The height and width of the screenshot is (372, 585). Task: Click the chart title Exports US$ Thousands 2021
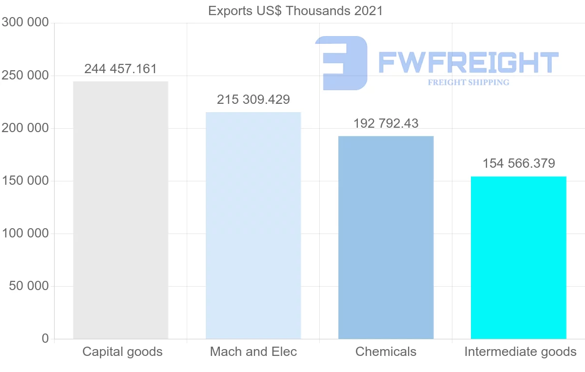coord(295,11)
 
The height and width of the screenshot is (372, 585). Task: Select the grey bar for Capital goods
coord(120,210)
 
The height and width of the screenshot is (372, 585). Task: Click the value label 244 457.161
coord(120,69)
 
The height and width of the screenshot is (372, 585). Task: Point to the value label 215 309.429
coord(253,99)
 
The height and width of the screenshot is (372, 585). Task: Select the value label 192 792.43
coord(386,123)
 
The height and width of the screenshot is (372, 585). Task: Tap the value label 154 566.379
coord(519,163)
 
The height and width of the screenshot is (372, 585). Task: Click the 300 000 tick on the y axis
coord(25,22)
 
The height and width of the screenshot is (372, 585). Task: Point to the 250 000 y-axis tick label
coord(25,76)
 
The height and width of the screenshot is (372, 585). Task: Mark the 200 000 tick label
coord(25,128)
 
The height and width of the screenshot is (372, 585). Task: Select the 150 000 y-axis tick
coord(25,181)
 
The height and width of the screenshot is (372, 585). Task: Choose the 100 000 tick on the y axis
coord(25,234)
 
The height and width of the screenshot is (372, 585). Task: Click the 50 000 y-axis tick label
coord(29,286)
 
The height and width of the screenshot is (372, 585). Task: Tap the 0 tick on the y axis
coord(45,338)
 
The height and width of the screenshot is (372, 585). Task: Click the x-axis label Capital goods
coord(122,352)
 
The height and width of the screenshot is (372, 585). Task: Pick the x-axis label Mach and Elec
coord(253,352)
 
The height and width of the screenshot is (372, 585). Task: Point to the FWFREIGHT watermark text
coord(468,62)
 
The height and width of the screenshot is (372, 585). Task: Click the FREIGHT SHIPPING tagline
coord(468,82)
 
